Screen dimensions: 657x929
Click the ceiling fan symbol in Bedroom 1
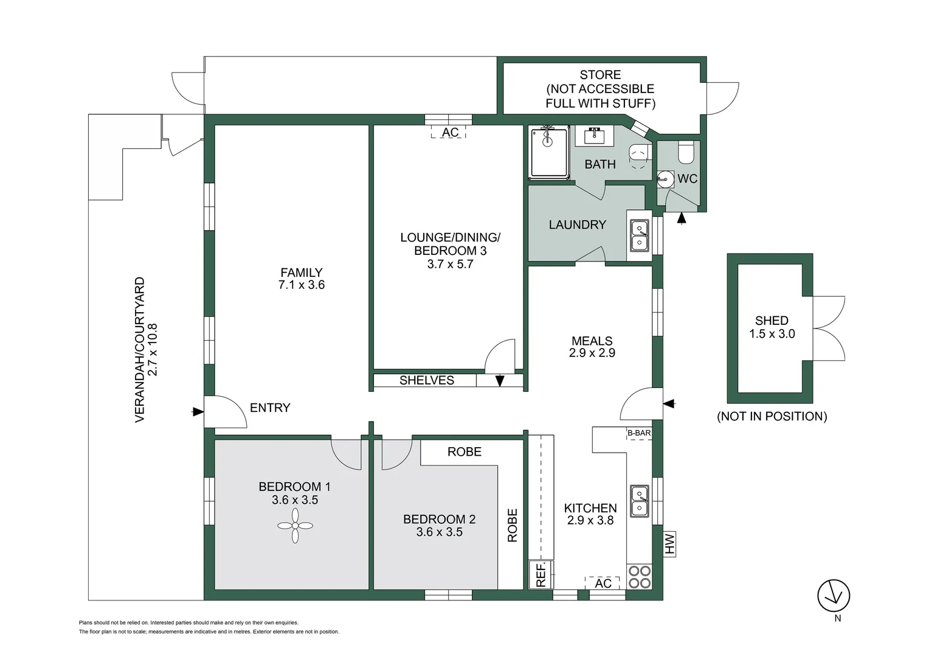295,526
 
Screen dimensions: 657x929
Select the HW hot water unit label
669,543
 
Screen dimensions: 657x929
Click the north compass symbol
834,596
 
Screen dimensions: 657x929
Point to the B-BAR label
639,433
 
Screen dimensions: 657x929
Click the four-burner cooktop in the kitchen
639,577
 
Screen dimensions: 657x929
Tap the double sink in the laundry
639,235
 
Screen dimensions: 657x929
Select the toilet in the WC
686,153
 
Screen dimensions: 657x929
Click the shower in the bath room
548,152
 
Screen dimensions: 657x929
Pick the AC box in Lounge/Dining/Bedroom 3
449,132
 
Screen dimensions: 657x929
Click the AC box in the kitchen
603,583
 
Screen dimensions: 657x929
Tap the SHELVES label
426,380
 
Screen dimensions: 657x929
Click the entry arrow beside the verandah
197,412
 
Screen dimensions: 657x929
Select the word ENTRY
270,408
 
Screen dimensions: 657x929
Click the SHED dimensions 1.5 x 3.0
772,334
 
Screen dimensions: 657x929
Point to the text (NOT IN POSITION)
772,416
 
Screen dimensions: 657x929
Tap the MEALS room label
592,341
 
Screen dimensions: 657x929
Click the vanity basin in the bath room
594,136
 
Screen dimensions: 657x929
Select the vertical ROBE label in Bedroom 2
512,526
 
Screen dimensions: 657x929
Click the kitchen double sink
639,501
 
